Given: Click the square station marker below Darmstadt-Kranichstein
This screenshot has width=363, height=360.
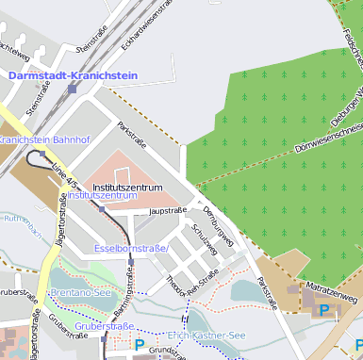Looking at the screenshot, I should pyautogui.click(x=73, y=89).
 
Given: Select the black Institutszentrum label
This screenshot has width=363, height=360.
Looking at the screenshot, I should pyautogui.click(x=127, y=188).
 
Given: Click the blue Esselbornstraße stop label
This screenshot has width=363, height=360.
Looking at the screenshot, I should pyautogui.click(x=131, y=248).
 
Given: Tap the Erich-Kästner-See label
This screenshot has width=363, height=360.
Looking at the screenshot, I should pyautogui.click(x=206, y=335).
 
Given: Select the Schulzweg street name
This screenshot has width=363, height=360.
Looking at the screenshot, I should pyautogui.click(x=205, y=238).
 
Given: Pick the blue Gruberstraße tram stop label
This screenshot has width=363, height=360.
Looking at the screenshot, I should pyautogui.click(x=104, y=326).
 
